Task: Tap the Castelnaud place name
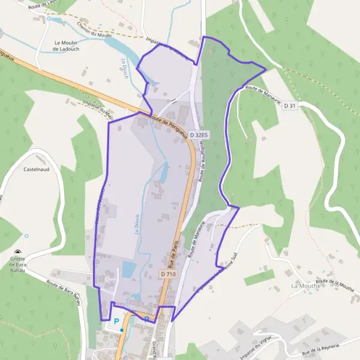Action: click(35, 170)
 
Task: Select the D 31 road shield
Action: click(289, 106)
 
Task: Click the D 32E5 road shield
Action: click(198, 136)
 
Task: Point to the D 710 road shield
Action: click(169, 274)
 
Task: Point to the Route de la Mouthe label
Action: click(335, 285)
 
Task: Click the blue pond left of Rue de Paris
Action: click(129, 268)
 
